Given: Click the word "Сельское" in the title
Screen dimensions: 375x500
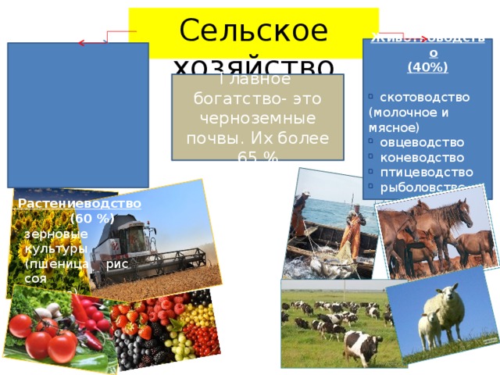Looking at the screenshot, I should point(253,29).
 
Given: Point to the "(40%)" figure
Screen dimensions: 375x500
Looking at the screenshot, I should point(427,67).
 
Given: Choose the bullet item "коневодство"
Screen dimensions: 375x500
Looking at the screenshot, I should point(421,157).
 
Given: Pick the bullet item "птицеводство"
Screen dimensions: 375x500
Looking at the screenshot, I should point(426,172).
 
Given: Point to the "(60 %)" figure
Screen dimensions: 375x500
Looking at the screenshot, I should point(92,218).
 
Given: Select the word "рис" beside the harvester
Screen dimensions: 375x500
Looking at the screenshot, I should point(116,264).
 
